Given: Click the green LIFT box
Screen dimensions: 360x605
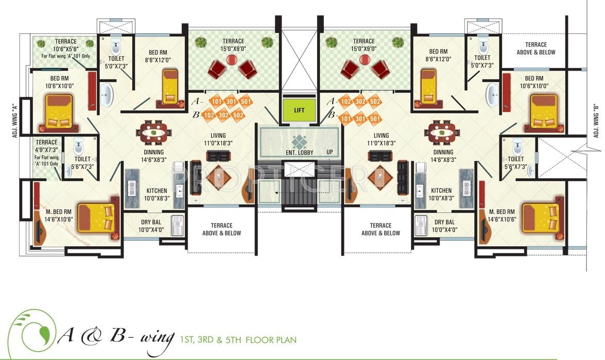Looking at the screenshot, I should tap(299, 111).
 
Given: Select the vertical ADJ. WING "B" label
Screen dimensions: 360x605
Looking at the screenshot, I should tap(596, 118).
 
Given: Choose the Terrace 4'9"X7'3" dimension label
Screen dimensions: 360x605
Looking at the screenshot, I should tap(47, 149).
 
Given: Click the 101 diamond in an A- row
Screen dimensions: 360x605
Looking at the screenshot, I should tap(216, 101).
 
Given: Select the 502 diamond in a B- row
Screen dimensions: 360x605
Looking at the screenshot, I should tap(238, 115).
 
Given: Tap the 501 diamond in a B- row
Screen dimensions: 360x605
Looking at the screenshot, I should tap(375, 119).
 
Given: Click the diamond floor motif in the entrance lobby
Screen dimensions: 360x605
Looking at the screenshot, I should tap(299, 140).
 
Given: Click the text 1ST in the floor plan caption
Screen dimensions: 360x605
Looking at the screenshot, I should tap(187, 340).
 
